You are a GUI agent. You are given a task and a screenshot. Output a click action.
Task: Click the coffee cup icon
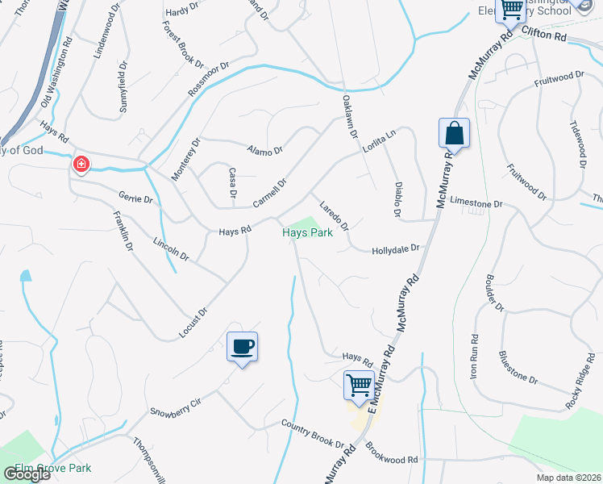[x=242, y=347]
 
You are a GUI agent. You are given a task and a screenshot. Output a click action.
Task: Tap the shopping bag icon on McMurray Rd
[x=454, y=134]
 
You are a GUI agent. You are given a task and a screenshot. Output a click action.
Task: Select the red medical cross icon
[x=81, y=165]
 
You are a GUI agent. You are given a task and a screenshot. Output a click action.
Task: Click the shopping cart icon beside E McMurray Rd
[x=358, y=385]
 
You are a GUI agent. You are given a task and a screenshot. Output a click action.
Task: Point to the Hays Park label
[x=307, y=233]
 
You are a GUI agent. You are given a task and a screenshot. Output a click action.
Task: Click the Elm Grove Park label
[x=52, y=468]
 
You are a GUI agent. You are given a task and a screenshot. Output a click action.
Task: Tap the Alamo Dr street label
[x=265, y=150]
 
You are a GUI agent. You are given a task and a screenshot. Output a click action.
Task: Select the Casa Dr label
[x=232, y=183]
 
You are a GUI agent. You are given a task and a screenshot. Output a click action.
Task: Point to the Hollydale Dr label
[x=396, y=250]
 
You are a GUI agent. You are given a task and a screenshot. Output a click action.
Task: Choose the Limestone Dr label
[x=476, y=204]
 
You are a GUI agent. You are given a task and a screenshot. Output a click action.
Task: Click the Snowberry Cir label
[x=175, y=406]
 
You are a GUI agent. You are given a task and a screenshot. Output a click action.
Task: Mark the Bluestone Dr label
[x=518, y=367]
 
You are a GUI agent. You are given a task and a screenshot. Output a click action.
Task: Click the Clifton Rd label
[x=544, y=34]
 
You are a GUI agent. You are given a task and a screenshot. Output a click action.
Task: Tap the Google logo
[x=27, y=474]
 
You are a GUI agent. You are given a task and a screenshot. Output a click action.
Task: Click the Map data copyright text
[x=568, y=478]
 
